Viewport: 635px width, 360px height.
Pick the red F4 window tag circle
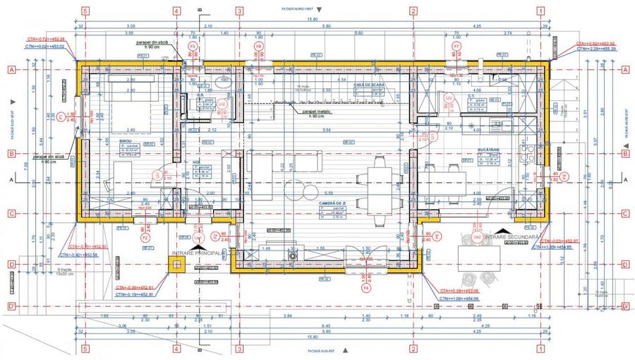tap(365, 288)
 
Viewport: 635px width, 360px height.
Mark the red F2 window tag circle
tap(146, 238)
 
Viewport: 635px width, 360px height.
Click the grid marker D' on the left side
tap(11, 306)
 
